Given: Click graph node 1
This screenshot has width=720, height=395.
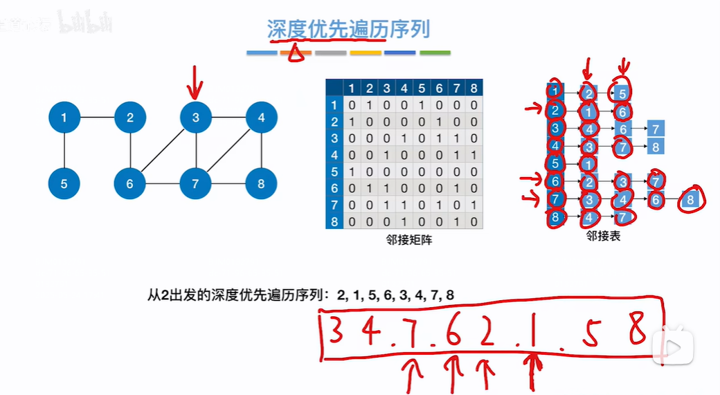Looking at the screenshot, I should point(64,118).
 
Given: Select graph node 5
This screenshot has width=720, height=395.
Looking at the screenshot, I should point(64,184).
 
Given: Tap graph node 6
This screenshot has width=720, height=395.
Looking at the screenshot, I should point(130,184).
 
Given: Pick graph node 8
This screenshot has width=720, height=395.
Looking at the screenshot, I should point(261,184).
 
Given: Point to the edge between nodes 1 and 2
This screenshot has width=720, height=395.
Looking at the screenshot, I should point(97,118).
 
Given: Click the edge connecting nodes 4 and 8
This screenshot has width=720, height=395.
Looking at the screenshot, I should point(261,151).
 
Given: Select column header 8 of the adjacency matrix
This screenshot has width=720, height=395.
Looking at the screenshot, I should point(474,88).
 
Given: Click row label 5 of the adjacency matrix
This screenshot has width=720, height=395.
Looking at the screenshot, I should point(334,172).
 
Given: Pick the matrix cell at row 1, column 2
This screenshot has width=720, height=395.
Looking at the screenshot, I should point(369,105).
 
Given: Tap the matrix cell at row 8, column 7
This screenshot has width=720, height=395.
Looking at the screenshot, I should point(456,221).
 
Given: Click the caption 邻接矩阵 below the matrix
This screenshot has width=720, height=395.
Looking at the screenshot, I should point(405,239).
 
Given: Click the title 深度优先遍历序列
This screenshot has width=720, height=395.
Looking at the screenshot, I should point(348,29).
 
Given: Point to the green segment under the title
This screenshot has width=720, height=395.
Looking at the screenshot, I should point(435,53).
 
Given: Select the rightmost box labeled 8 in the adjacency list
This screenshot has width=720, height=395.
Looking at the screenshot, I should point(690,200).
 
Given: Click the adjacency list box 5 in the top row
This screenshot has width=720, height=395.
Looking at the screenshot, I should point(622,92).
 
